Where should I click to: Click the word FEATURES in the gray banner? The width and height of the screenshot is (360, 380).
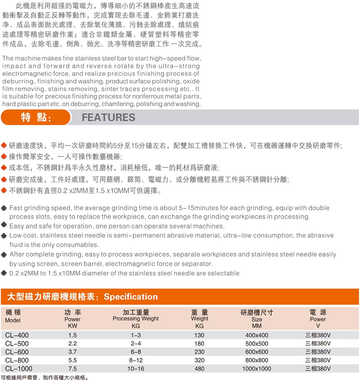click(109, 117)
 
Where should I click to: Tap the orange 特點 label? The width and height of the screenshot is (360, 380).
click(36, 117)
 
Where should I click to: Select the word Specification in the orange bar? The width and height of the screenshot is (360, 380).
click(131, 297)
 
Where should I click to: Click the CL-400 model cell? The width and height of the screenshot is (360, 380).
click(17, 335)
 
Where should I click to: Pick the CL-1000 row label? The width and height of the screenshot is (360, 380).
click(19, 369)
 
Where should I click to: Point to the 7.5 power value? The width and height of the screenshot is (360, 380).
click(72, 369)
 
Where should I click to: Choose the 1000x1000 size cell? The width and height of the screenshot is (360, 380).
click(257, 369)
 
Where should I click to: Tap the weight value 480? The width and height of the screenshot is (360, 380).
click(199, 369)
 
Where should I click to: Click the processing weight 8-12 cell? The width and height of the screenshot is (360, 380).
click(135, 360)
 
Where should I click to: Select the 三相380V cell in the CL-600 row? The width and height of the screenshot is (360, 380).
click(318, 352)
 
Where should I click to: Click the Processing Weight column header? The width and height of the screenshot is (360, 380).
click(135, 319)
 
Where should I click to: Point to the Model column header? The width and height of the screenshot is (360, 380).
click(13, 320)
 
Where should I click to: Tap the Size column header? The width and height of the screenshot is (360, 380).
click(257, 319)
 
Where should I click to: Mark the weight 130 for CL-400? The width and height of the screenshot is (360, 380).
click(199, 335)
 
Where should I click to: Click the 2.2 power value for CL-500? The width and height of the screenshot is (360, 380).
click(72, 343)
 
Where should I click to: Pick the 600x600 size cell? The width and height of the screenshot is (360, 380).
click(257, 352)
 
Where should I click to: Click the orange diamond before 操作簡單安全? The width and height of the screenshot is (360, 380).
click(4, 157)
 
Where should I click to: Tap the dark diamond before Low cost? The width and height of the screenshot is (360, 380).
click(4, 236)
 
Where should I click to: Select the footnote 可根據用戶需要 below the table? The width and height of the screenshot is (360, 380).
click(22, 377)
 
